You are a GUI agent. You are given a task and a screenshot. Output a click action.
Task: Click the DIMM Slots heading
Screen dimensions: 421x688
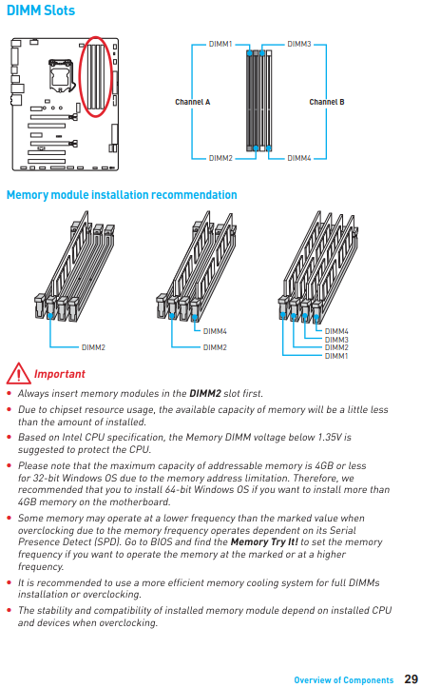pyautogui.click(x=41, y=10)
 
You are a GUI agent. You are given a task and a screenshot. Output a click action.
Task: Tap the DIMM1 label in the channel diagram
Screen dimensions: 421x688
pyautogui.click(x=220, y=44)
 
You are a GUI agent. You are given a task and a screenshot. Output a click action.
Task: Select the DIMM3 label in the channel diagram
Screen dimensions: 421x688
pyautogui.click(x=299, y=44)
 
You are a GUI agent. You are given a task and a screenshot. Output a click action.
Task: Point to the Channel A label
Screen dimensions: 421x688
pyautogui.click(x=193, y=102)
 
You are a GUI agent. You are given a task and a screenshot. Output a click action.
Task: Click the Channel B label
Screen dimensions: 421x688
pyautogui.click(x=327, y=102)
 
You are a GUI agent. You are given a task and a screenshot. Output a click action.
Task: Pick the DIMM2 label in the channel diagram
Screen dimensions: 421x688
pyautogui.click(x=220, y=158)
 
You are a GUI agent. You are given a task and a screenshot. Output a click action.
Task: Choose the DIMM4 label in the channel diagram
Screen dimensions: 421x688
pyautogui.click(x=299, y=158)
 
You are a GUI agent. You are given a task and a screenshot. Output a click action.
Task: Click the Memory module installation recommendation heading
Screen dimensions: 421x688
pyautogui.click(x=122, y=195)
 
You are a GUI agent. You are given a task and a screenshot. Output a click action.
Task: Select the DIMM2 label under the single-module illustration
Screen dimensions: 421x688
pyautogui.click(x=93, y=347)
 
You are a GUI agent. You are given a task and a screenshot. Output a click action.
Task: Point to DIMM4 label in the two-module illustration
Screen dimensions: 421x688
pyautogui.click(x=215, y=331)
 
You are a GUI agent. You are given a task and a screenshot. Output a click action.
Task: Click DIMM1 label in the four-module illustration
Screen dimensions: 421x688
pyautogui.click(x=336, y=356)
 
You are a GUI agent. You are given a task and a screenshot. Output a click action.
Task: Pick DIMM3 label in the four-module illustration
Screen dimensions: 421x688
pyautogui.click(x=336, y=340)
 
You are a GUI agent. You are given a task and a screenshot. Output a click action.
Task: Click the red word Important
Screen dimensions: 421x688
pyautogui.click(x=60, y=374)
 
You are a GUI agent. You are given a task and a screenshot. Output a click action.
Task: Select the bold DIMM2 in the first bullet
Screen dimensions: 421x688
pyautogui.click(x=205, y=393)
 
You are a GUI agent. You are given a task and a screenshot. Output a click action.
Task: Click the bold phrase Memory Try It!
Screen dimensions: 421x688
pyautogui.click(x=264, y=541)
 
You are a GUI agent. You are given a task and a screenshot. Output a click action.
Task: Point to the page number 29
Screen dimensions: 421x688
pyautogui.click(x=411, y=679)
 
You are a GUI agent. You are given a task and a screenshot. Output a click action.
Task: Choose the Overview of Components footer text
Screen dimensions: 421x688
pyautogui.click(x=344, y=680)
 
